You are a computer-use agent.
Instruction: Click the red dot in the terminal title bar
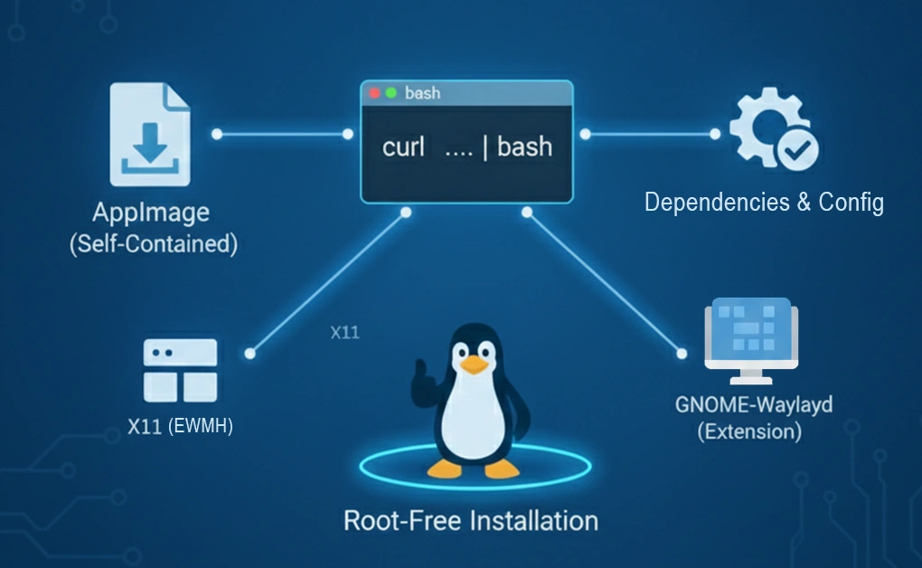pos(375,93)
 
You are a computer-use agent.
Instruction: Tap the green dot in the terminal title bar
pos(390,93)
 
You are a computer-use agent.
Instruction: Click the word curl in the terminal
pos(403,147)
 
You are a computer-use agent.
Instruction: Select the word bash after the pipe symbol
pos(524,147)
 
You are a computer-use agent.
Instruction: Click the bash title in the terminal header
pos(422,93)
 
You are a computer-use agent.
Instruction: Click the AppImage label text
pos(151,213)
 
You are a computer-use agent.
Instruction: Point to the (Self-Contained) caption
pos(153,245)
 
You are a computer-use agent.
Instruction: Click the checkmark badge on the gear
pos(797,150)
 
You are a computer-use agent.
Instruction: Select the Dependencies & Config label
pos(764,202)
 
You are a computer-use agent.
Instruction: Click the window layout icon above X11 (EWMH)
pos(180,370)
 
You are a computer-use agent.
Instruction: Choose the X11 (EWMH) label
pos(180,426)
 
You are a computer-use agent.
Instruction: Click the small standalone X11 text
pos(344,333)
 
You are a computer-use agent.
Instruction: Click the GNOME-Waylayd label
pos(753,403)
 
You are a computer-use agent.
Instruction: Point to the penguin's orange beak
pos(474,364)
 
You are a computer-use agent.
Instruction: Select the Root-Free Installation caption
pos(471,521)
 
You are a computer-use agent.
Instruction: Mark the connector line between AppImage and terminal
pos(282,134)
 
